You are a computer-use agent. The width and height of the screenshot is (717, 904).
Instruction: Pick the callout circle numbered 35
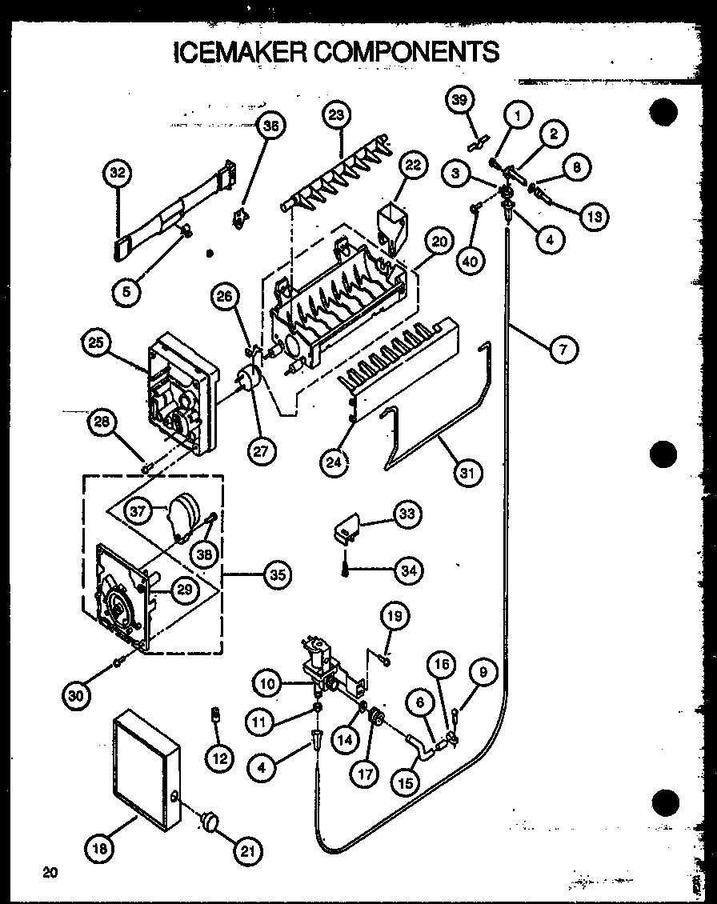point(276,574)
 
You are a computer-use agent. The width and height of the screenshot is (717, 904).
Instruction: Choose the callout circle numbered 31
point(467,472)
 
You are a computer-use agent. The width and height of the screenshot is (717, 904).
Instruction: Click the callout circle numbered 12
point(219,758)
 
